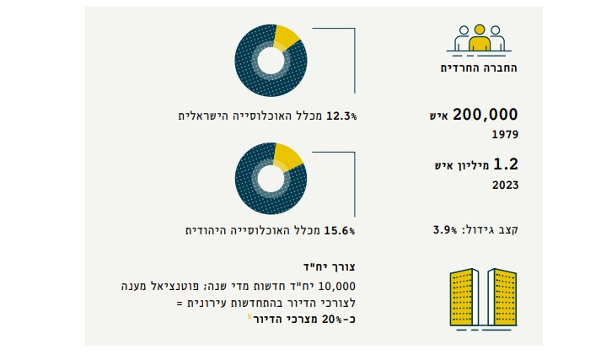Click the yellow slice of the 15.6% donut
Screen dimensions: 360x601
point(289,156)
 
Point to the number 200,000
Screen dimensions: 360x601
point(485,115)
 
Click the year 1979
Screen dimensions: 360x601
point(504,134)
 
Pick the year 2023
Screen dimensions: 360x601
point(504,185)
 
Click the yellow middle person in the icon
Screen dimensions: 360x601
point(479,39)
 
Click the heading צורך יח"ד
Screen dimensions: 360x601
point(334,266)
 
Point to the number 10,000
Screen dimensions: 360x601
point(340,286)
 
